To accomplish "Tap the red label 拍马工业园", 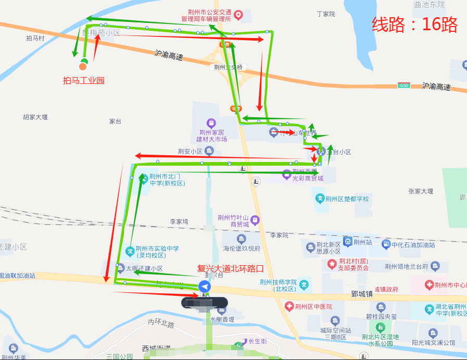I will (84, 81).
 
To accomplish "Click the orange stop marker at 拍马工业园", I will (83, 66).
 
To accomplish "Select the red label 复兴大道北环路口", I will (230, 269).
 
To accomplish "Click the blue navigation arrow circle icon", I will (205, 287).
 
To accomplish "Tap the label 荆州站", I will (362, 242).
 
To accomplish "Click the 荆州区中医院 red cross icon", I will (289, 306).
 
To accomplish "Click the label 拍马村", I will (35, 38).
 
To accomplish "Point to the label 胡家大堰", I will (35, 117).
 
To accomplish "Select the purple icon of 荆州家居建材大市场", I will (211, 123).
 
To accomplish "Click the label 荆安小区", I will (190, 152).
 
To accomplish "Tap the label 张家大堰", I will (421, 191).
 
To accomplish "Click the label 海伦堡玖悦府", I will (242, 248).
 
